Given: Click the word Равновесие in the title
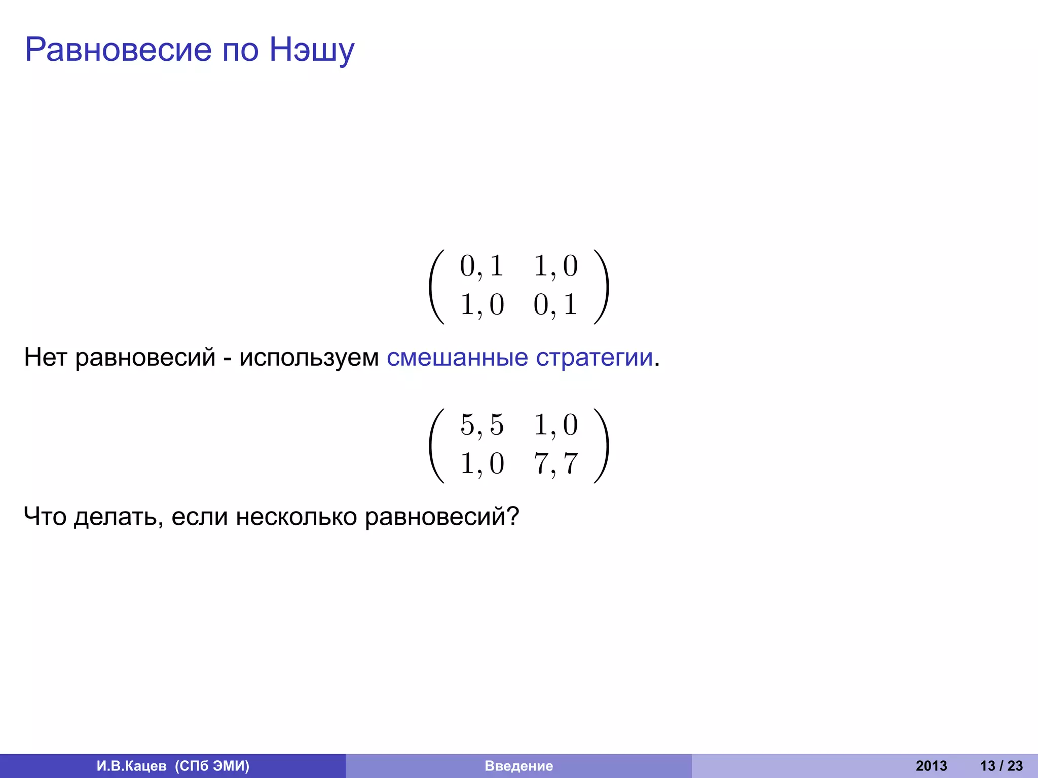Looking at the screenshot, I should tap(118, 50).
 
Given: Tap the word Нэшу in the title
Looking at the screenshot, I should tap(311, 51).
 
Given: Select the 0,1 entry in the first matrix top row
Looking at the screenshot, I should tap(481, 266).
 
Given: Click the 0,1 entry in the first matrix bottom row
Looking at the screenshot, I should tap(555, 305).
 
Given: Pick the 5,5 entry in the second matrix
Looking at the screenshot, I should tap(481, 425).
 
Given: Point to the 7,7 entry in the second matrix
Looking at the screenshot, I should tap(555, 464).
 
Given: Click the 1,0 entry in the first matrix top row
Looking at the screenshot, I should tap(555, 266).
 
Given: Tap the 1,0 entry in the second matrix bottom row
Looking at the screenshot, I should tap(481, 464).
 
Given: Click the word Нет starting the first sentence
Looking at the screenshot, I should tap(45, 358).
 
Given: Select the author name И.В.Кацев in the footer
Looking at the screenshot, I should tap(131, 766).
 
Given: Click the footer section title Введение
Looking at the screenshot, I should tap(518, 766).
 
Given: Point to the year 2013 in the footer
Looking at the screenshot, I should tap(931, 766).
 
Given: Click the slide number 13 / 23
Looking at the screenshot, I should tap(1001, 766).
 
